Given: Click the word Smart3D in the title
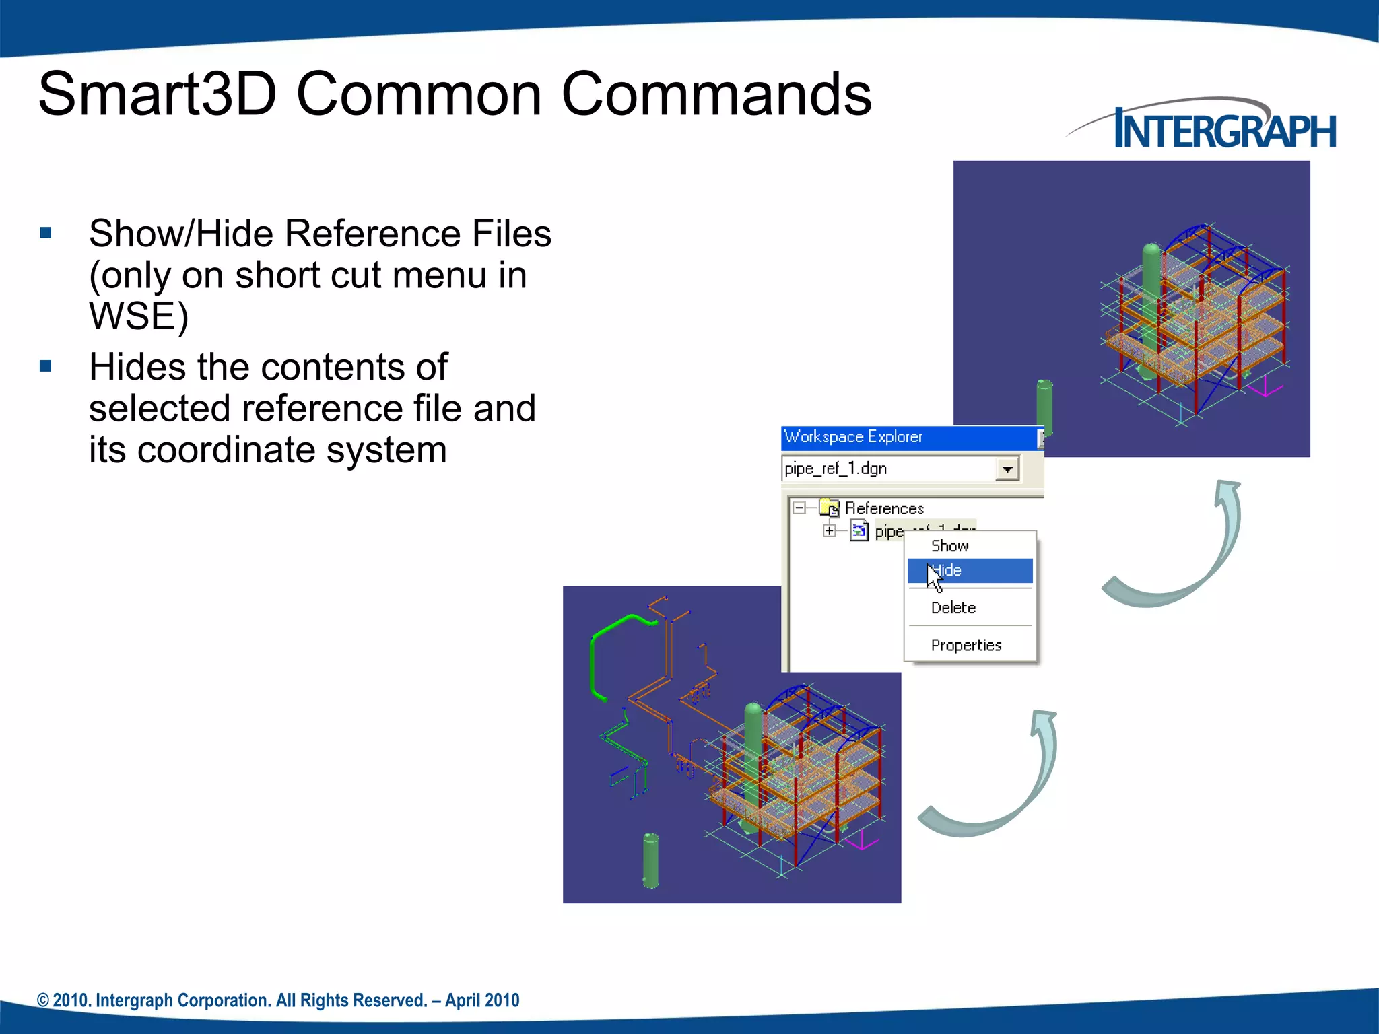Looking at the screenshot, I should tap(157, 94).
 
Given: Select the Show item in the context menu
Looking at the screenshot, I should tap(949, 545).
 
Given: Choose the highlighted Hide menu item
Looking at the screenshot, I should tap(970, 571).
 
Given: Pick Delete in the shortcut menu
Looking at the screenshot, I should tap(953, 608).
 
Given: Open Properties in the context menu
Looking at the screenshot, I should tap(966, 645).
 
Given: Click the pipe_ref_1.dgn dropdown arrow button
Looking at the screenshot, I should tap(1007, 469).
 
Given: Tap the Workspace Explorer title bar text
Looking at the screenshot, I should tap(853, 437).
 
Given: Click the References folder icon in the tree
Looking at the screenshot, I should tap(830, 508).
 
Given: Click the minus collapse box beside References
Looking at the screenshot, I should tap(799, 508).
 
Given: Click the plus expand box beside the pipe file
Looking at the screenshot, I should tap(830, 531).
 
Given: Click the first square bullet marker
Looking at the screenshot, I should tap(46, 234).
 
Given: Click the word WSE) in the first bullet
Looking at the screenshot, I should tap(138, 316).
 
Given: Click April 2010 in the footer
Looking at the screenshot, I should tap(482, 1000).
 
